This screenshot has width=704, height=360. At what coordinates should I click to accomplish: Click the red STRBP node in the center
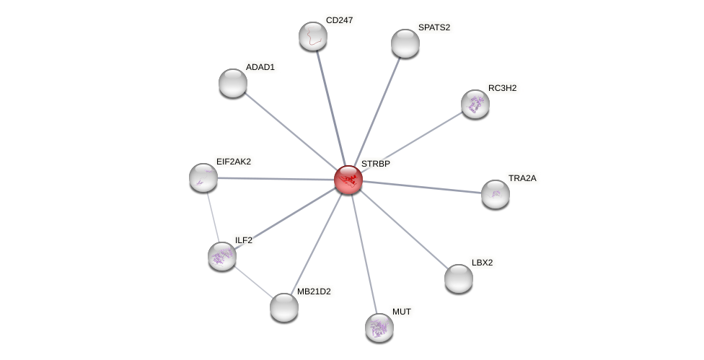click(x=348, y=180)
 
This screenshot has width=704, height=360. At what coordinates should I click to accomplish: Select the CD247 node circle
click(x=313, y=36)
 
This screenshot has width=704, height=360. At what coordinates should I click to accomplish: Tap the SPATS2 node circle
click(x=405, y=43)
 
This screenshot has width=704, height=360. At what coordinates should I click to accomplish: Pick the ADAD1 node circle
click(x=233, y=83)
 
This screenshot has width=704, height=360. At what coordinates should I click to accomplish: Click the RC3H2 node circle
click(x=475, y=104)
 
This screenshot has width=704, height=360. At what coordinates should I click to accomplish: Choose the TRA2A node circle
click(x=496, y=194)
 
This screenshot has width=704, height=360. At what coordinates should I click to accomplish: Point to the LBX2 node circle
click(x=459, y=278)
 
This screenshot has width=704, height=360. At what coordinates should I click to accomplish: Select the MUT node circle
click(x=379, y=328)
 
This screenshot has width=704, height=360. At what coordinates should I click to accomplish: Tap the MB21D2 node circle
click(x=284, y=307)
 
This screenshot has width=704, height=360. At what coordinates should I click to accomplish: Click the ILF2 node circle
click(x=222, y=256)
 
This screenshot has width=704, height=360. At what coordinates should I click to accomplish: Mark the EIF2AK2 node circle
click(x=203, y=177)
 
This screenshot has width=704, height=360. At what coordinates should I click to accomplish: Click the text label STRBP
click(x=376, y=164)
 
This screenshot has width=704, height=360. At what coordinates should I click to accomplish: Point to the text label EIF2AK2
click(x=234, y=162)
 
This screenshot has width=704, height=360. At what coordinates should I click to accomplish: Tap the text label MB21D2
click(x=314, y=291)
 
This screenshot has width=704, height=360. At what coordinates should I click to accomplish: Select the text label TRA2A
click(x=522, y=178)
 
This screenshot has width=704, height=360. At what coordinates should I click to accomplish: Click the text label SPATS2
click(x=434, y=27)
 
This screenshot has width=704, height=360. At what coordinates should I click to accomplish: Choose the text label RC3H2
click(x=502, y=88)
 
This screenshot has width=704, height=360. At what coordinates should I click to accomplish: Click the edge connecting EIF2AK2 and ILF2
click(x=213, y=216)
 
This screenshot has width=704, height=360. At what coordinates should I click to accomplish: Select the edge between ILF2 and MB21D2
click(x=253, y=282)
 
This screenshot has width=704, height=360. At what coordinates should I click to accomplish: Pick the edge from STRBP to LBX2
click(x=403, y=229)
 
